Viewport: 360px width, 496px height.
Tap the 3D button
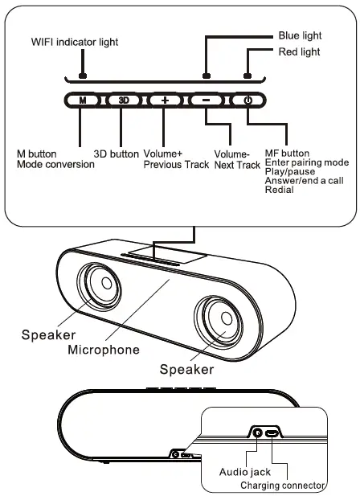[x=123, y=100]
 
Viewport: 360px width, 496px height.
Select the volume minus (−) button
[x=207, y=100]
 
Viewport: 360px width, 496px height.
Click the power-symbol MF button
[x=247, y=100]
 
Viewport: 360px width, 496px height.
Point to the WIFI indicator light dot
[x=82, y=76]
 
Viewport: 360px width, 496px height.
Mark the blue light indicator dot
[x=206, y=76]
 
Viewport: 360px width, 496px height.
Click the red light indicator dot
[x=247, y=76]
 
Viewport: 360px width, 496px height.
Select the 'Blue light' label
[x=300, y=36]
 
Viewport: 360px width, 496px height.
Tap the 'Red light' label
[x=299, y=52]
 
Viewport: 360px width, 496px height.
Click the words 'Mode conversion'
[x=55, y=164]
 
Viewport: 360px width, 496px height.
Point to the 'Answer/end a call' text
[x=303, y=181]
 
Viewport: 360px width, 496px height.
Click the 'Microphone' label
[x=103, y=350]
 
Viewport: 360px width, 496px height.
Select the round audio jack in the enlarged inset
[x=258, y=432]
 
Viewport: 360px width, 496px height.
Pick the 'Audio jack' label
[x=245, y=472]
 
